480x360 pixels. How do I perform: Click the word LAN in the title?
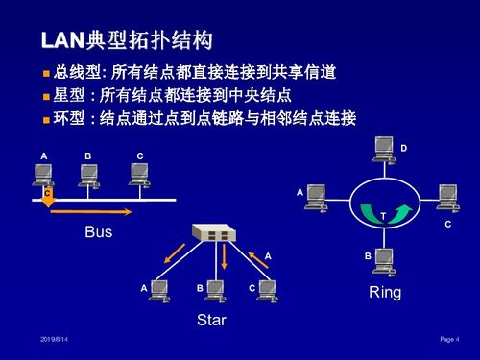tap(63, 40)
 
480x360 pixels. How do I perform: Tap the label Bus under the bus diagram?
tap(98, 232)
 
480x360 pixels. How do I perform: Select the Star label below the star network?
tap(211, 320)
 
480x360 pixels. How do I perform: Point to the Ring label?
tap(385, 292)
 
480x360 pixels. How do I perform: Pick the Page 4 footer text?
tap(449, 340)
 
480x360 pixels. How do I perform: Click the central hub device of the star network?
tap(213, 232)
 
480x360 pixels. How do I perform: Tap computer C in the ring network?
tap(448, 197)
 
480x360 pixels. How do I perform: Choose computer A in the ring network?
tap(316, 197)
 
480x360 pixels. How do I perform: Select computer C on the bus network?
tap(140, 173)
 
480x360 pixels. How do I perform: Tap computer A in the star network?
tap(159, 289)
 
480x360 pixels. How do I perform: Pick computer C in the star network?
tap(267, 289)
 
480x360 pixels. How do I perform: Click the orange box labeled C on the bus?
tap(47, 193)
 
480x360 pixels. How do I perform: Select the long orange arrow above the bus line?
tap(92, 210)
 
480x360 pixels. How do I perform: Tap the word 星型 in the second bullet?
tap(69, 96)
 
